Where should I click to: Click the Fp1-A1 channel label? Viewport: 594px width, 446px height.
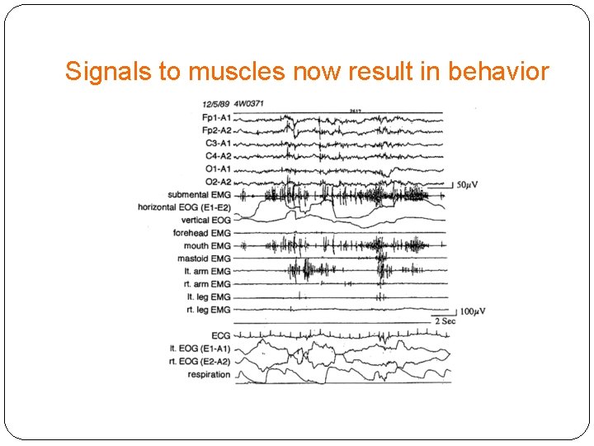216,118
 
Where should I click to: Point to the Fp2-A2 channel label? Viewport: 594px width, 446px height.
216,130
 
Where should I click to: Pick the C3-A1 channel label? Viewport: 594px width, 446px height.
218,144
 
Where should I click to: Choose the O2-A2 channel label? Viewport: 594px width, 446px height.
218,182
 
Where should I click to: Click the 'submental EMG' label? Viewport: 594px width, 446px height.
198,194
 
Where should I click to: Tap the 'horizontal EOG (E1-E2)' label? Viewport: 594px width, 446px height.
185,207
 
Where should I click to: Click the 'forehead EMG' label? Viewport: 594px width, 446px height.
201,233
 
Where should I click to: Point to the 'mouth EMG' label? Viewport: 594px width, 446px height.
207,246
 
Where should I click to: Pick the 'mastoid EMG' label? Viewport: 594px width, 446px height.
204,259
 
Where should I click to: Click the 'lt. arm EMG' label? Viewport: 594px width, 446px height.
207,271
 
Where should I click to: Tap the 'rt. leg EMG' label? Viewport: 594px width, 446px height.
208,310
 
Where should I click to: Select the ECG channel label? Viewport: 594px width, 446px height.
220,335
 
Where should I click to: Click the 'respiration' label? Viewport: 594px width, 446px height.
209,374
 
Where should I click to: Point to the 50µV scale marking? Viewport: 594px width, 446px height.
468,184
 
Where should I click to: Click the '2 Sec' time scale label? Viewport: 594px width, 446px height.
445,320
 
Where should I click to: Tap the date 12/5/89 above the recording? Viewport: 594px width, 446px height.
215,104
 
